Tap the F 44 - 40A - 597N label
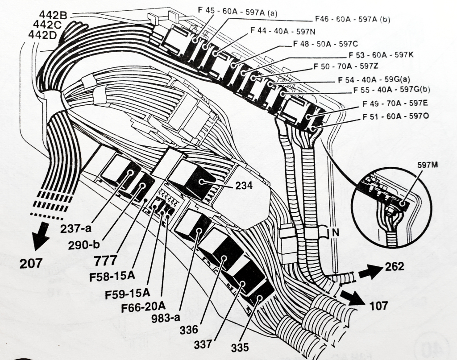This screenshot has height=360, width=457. click(283, 31)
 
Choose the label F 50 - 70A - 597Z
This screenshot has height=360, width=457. click(346, 66)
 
